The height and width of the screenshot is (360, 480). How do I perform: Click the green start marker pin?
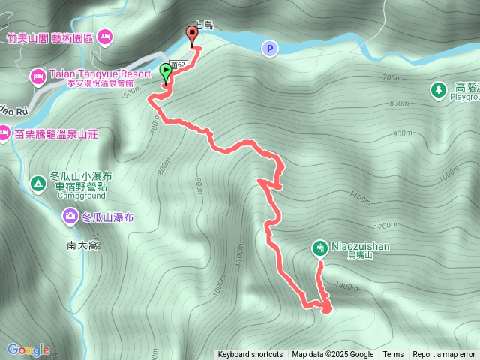pos(166,73)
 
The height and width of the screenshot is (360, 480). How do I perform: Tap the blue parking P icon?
pos(268,48)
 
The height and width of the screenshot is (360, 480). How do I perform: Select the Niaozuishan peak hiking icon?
pos(319,247)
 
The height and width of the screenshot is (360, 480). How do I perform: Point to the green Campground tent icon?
pos(37,183)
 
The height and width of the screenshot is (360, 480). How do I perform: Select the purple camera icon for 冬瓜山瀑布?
pos(69,217)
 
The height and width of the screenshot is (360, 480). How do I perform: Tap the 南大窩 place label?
pos(82,245)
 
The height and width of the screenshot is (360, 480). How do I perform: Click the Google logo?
pos(28,349)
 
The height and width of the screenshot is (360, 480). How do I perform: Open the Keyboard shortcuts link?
pos(250,355)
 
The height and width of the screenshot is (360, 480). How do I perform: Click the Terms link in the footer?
pos(393,355)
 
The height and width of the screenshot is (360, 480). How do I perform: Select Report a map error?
pos(444,355)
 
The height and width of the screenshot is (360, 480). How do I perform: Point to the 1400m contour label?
pos(346,286)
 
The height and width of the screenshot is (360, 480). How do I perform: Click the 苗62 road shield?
pos(177,64)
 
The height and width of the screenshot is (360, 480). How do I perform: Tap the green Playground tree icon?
pos(438,91)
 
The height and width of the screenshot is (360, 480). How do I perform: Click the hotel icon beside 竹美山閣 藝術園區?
pos(104,35)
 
